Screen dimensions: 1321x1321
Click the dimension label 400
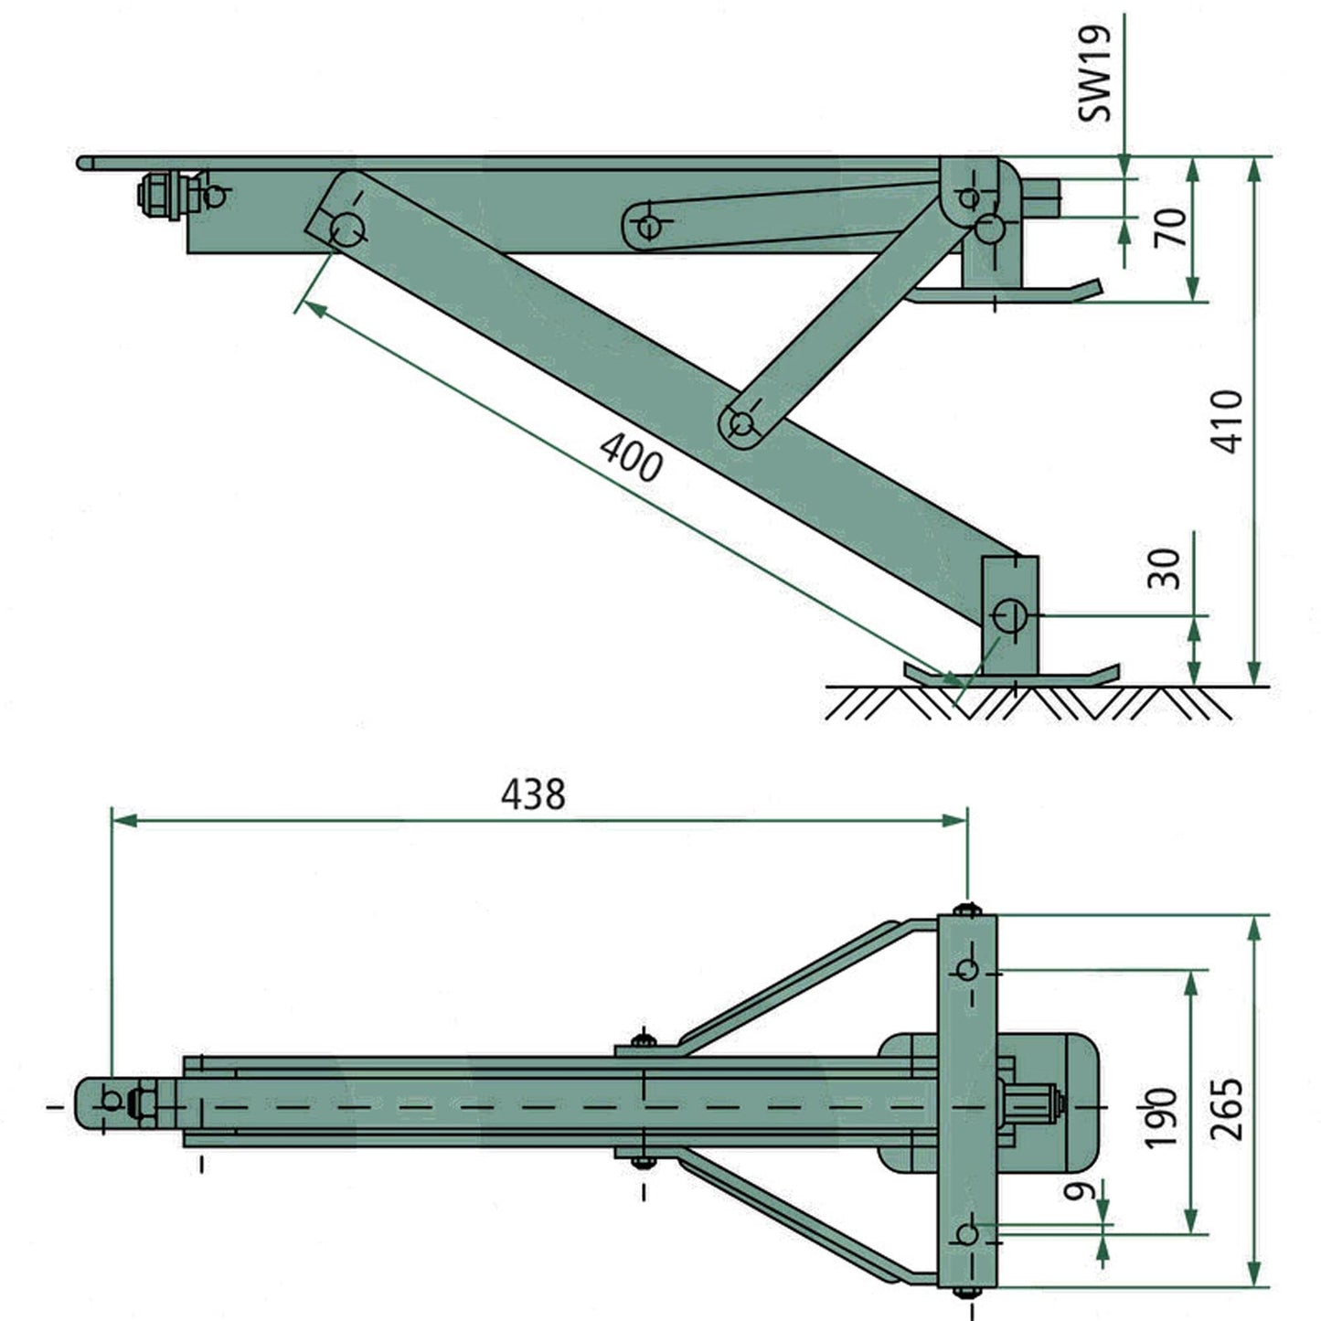coord(630,455)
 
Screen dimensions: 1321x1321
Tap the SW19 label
coord(1093,72)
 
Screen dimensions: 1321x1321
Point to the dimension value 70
coord(1170,228)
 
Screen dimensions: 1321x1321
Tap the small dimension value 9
coord(1081,1190)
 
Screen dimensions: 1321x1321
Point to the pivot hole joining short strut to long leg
coord(741,424)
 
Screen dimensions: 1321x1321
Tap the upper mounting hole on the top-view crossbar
coord(967,969)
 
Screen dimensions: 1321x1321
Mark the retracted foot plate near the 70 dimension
coord(1006,293)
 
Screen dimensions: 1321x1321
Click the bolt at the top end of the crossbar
coord(967,910)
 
